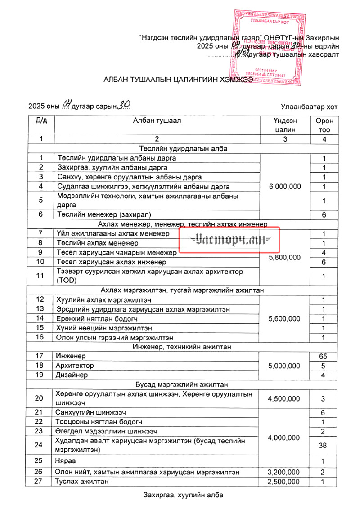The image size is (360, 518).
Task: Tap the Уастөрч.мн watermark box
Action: [x=230, y=240]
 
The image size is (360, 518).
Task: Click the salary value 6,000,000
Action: [x=284, y=187]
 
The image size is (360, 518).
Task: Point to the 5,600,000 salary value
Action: [x=284, y=319]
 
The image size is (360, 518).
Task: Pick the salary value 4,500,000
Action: [x=284, y=399]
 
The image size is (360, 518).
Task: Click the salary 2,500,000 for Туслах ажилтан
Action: [x=284, y=482]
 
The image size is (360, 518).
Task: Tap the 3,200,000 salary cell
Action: [x=284, y=472]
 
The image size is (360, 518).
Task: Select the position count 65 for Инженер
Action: [x=324, y=356]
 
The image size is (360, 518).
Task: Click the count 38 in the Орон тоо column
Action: [x=324, y=445]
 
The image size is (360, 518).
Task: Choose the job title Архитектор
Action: [x=75, y=366]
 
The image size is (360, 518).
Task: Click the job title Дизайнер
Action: [x=72, y=375]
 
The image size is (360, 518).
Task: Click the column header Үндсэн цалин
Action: [x=284, y=125]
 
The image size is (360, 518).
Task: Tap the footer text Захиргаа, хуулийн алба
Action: [x=183, y=495]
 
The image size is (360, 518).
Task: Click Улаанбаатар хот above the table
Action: [x=309, y=107]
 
